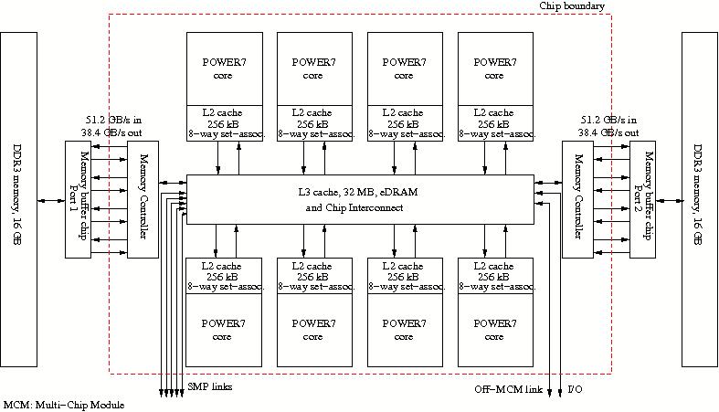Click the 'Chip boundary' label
572,6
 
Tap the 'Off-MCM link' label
508,390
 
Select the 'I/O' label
575,390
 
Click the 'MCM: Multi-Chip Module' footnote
63,405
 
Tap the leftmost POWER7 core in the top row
224,69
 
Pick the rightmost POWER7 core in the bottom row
494,329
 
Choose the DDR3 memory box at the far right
699,199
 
